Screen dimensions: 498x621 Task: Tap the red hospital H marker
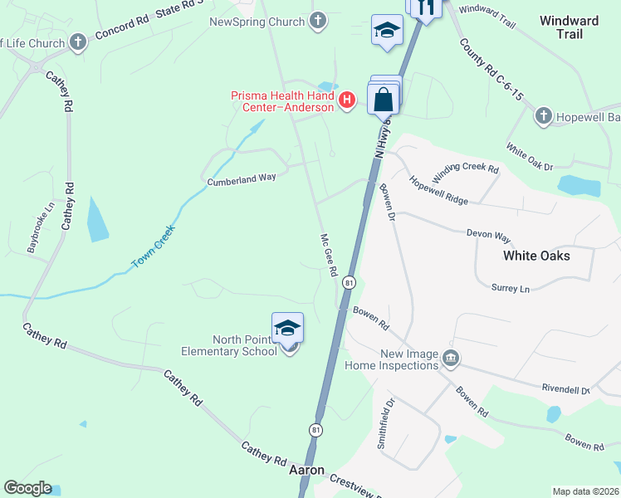point(348,100)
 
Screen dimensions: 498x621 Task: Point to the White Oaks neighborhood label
point(536,256)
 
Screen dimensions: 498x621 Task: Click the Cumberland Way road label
point(241,179)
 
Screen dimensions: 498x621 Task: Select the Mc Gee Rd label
point(329,256)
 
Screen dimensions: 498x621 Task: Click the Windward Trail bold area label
point(569,27)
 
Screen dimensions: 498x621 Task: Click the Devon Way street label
point(487,234)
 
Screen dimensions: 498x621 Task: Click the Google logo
point(27,488)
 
